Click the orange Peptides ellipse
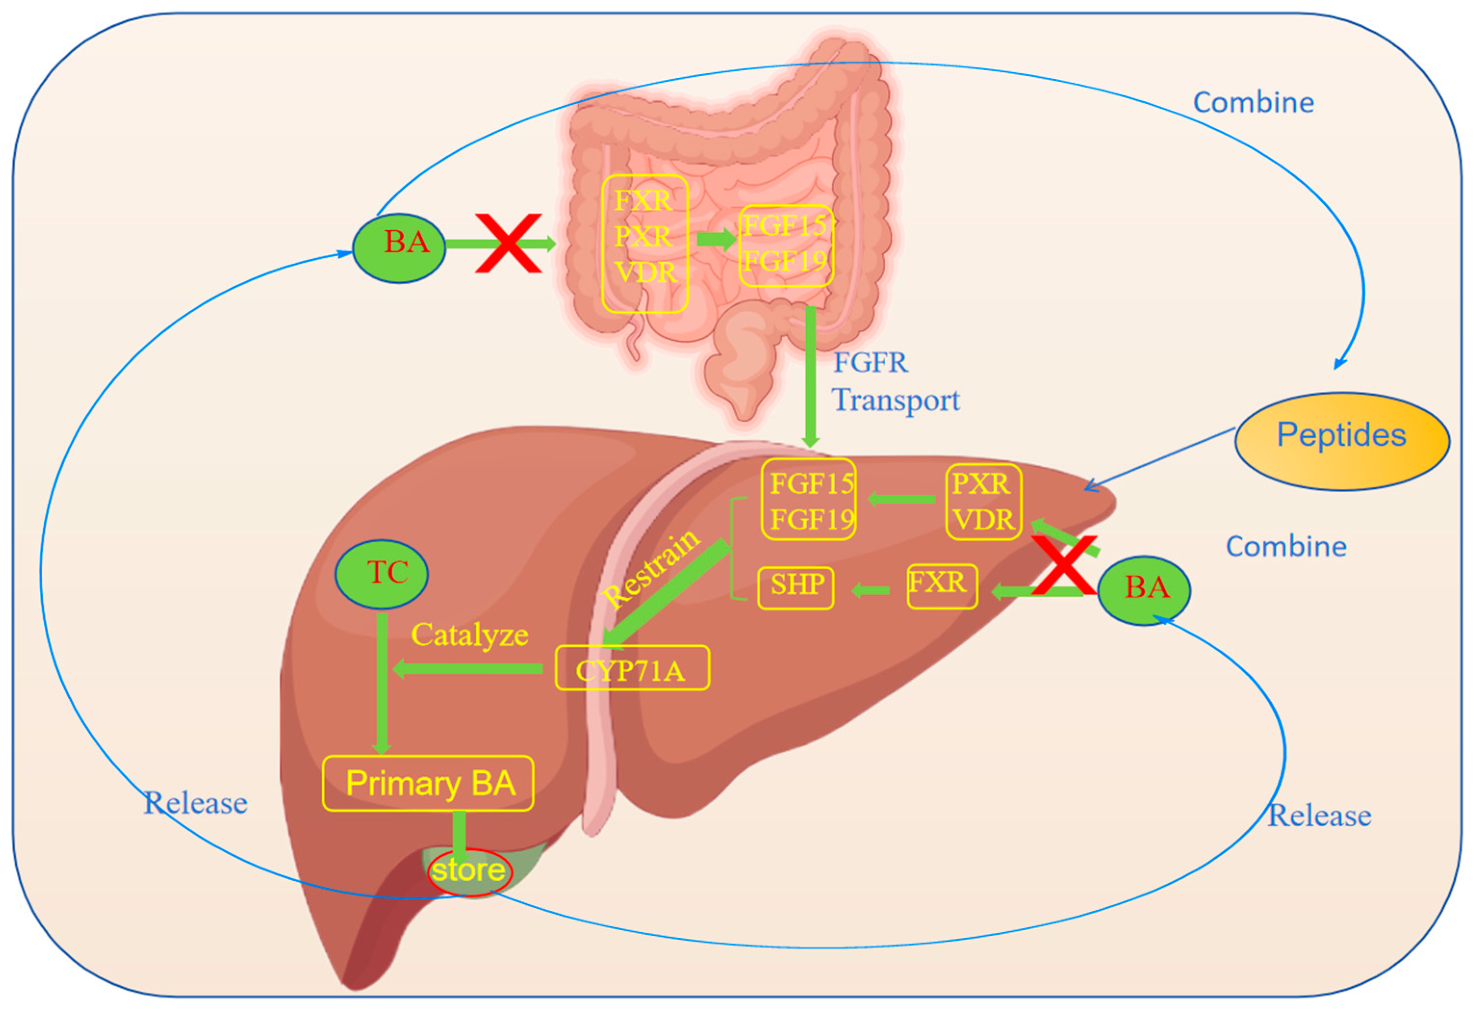[x=1341, y=440]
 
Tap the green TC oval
[x=382, y=574]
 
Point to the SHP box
[x=796, y=588]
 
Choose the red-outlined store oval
[x=469, y=871]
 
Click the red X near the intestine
[x=509, y=243]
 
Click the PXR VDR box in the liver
[x=983, y=502]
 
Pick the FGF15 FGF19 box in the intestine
[x=786, y=245]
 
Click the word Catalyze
[x=470, y=634]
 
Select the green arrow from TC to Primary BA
[x=381, y=682]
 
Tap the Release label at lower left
[x=195, y=803]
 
